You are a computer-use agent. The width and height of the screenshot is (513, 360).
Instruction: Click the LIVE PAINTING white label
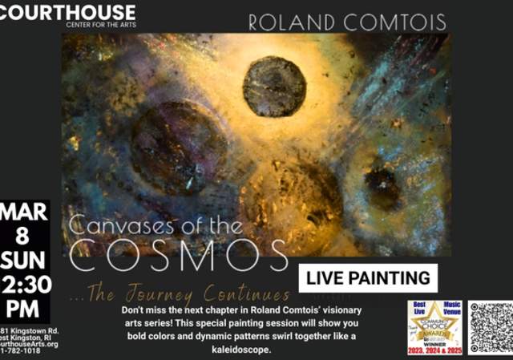tap(369, 278)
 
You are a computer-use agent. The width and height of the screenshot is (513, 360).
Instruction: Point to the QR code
tap(491, 327)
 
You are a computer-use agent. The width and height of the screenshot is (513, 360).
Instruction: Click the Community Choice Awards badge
tap(434, 327)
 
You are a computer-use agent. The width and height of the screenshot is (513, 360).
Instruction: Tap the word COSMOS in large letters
tap(178, 255)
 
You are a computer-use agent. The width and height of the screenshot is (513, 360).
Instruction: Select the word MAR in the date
tap(25, 213)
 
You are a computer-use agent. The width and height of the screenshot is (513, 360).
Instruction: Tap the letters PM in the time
tap(23, 309)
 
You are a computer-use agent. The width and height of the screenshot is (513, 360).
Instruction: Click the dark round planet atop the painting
tap(274, 86)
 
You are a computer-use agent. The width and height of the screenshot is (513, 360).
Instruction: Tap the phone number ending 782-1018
tap(24, 351)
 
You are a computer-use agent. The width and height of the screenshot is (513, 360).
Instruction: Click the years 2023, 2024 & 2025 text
tap(434, 350)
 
